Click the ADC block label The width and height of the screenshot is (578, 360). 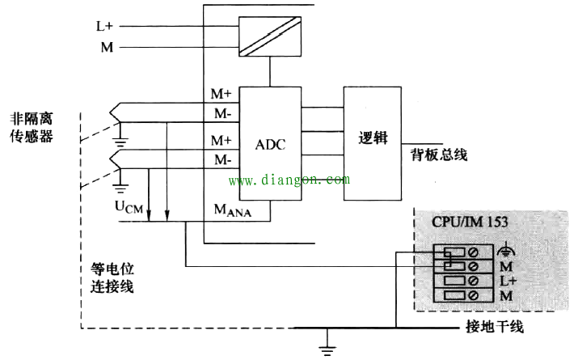coord(270,144)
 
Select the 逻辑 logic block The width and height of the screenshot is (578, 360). coord(373,143)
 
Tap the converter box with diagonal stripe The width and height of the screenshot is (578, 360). coord(270,36)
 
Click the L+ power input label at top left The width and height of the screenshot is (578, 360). coord(104,26)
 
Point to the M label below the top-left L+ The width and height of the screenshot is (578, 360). coord(107,47)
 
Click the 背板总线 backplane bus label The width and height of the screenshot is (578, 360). coord(439,155)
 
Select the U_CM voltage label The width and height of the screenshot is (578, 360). coord(129,206)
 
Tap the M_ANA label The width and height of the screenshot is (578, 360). coord(233,210)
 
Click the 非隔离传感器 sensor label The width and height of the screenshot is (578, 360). coord(32,128)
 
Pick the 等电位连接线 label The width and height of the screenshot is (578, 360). coord(112,277)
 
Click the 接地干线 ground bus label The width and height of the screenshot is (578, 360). coord(494,327)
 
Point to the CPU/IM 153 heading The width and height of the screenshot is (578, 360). coord(470,222)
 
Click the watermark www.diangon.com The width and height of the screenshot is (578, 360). coord(289,180)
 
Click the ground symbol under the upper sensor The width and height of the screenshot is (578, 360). coord(120,142)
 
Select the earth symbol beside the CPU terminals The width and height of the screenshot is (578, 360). coord(506,250)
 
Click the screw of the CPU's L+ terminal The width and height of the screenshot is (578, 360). coord(473,281)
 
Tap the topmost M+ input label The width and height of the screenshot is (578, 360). coord(221,94)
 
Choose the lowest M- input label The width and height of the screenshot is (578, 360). coord(222,159)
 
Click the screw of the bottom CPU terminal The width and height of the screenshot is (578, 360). coord(473,295)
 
